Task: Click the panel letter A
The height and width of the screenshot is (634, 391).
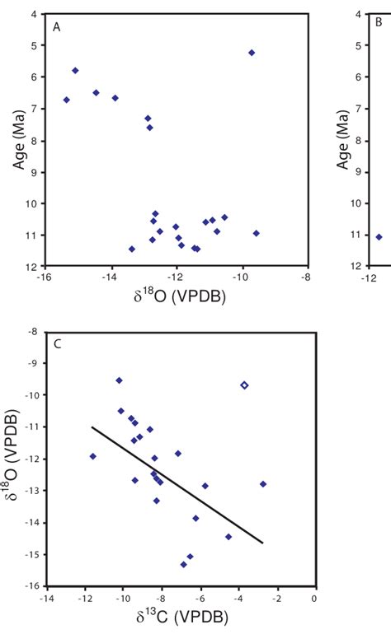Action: (56, 28)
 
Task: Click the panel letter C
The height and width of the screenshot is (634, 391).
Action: (57, 343)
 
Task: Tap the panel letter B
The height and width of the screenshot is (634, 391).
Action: (379, 23)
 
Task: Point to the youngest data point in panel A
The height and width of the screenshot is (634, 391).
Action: (252, 53)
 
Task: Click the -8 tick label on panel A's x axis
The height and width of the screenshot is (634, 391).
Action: (308, 277)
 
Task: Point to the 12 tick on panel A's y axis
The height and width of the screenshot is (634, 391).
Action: (31, 267)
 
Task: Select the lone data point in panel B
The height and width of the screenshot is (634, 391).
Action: (379, 237)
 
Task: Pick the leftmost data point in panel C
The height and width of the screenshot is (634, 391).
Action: (92, 456)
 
